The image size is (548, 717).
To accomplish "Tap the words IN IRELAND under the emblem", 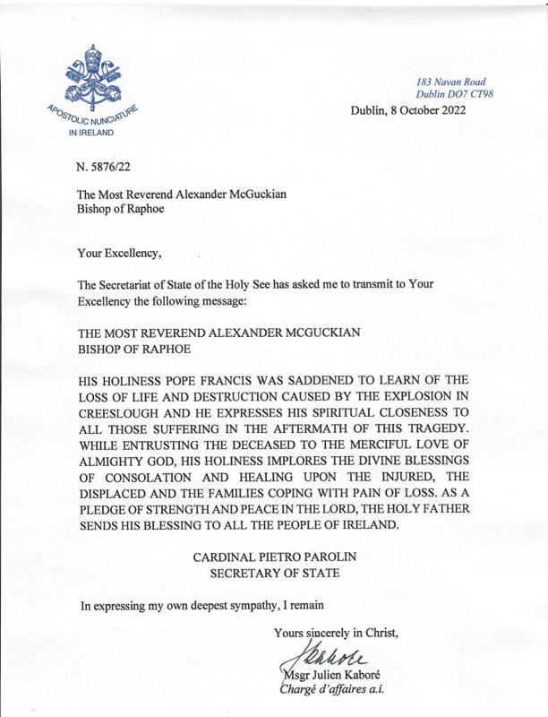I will point(91,133).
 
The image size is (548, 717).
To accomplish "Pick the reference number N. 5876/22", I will point(111,165).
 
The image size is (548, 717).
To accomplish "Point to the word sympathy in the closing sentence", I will point(262,605).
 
